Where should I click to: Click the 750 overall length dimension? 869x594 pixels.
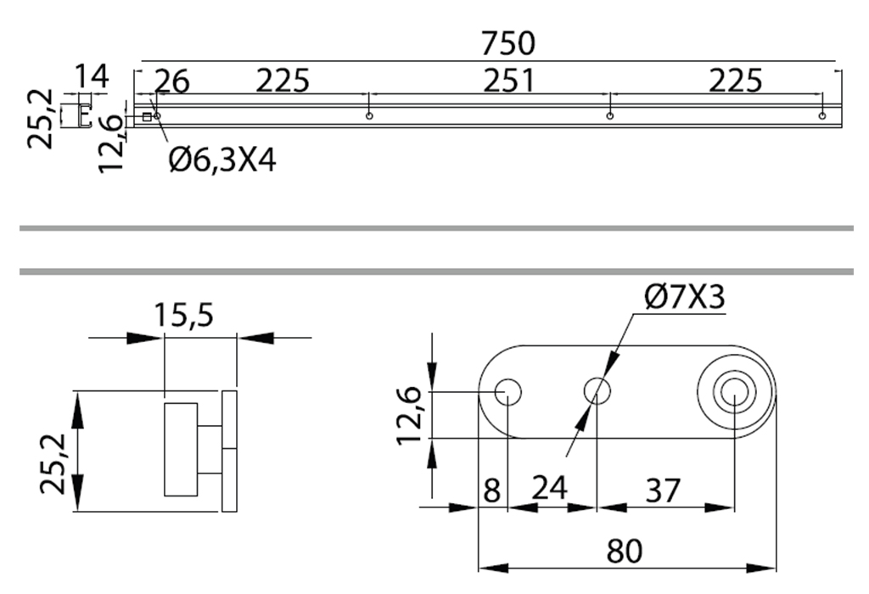click(507, 44)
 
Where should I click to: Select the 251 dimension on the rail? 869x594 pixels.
click(509, 81)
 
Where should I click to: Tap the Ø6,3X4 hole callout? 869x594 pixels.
click(222, 160)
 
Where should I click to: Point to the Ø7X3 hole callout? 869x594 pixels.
click(684, 297)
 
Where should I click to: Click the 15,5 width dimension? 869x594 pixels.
click(183, 316)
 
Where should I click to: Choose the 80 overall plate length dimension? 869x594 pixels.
click(624, 551)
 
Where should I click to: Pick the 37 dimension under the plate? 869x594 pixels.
click(662, 490)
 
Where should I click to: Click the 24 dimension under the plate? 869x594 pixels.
click(549, 488)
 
